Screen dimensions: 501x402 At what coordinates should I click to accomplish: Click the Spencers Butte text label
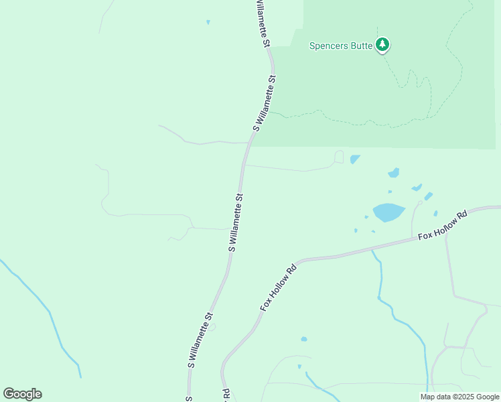pos(340,46)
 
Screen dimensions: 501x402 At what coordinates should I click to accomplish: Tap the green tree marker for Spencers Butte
pos(382,45)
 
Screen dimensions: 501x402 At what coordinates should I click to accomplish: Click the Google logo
pos(22,394)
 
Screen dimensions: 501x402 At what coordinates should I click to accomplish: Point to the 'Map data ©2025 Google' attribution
pos(459,397)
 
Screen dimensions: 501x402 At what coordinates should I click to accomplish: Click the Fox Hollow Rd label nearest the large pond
pos(442,226)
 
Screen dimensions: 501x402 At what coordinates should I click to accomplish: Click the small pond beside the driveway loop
pos(354,159)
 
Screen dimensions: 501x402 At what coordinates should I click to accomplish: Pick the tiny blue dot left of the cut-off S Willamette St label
pos(208,22)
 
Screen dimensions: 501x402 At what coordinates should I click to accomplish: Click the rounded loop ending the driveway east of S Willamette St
pos(339,157)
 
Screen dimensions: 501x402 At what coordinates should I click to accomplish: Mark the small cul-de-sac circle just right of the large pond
pos(420,202)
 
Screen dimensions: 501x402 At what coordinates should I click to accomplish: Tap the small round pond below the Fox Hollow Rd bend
pos(304,339)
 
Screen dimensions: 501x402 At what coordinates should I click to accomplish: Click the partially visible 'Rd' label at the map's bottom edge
pos(226,395)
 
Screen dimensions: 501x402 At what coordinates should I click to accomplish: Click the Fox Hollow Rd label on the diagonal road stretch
pos(278,287)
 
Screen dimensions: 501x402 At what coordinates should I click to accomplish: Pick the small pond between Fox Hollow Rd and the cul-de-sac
pos(435,214)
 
